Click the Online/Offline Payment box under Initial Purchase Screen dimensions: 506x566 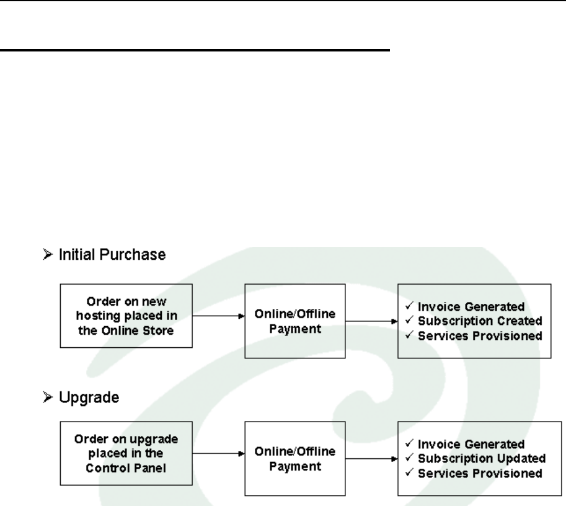295,321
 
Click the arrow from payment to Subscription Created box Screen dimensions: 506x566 371,322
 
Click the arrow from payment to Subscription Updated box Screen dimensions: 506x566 371,460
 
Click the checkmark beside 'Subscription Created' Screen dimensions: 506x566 410,321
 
